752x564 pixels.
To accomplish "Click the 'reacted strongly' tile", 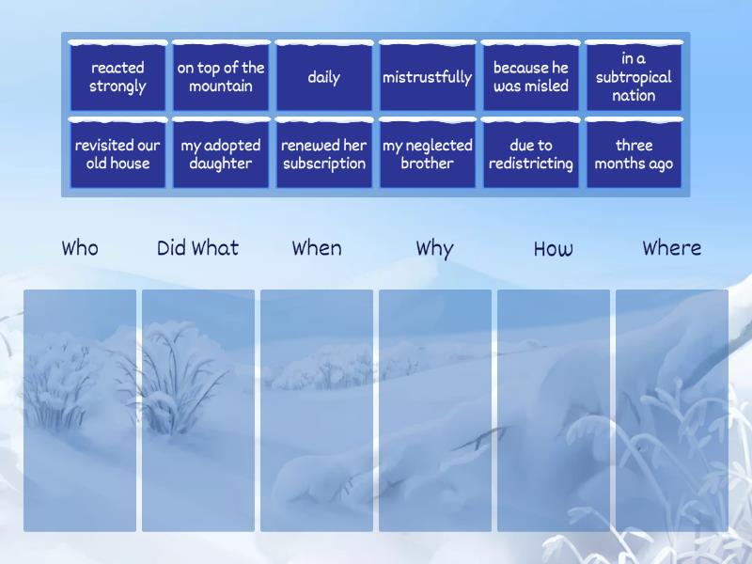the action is [117, 77].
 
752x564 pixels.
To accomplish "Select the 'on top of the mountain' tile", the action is [221, 77].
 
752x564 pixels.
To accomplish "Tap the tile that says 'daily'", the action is [324, 77].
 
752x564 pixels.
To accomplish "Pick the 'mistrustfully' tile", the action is [428, 77].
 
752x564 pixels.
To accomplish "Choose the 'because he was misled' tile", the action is [531, 77].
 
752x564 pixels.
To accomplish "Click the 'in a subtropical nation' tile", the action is [634, 77].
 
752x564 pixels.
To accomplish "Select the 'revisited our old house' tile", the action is [117, 154].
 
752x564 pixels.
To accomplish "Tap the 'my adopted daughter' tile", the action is [221, 154].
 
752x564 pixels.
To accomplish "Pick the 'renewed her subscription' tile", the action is [324, 154].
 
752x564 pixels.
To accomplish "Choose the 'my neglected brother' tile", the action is [428, 154].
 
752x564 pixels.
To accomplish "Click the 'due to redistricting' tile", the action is [531, 154].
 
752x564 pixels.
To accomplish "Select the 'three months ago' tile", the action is [634, 154].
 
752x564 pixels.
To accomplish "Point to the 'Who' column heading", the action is [80, 248].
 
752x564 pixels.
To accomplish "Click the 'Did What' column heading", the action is [197, 248].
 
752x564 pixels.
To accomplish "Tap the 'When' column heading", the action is [317, 248].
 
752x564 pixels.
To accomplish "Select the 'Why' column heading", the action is [434, 249].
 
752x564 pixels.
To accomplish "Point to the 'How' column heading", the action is [554, 248].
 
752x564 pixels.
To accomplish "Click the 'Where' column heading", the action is [672, 248].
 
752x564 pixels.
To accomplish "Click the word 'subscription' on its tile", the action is [324, 164].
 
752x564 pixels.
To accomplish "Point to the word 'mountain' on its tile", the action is [221, 86].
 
